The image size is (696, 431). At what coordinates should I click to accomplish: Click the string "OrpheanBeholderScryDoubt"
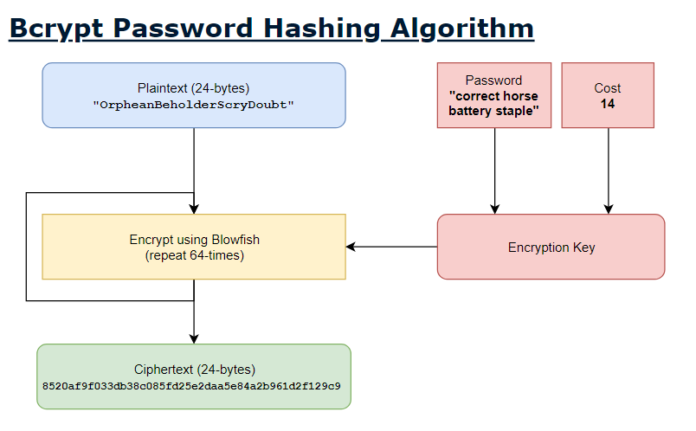click(x=194, y=104)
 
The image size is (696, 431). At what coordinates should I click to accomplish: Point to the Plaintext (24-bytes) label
click(x=194, y=87)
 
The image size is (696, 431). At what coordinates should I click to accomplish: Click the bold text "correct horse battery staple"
click(x=494, y=104)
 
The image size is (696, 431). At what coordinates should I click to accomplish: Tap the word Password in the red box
click(x=494, y=80)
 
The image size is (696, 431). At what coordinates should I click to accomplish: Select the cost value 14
click(x=608, y=104)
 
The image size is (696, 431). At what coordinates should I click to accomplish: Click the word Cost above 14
click(x=608, y=88)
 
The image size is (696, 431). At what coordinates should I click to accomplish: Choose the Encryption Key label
click(x=551, y=248)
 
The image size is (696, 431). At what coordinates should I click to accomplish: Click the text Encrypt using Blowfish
click(x=194, y=240)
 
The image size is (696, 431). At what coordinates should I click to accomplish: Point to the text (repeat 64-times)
click(x=194, y=255)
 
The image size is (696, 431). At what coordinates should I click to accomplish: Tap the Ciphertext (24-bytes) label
click(x=194, y=369)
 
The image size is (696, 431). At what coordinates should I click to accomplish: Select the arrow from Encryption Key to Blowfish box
click(x=391, y=247)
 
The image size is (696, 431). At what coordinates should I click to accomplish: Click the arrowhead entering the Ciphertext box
click(x=194, y=338)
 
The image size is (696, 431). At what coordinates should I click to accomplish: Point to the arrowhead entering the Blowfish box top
click(x=194, y=209)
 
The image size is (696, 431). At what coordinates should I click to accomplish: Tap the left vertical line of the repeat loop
click(x=27, y=247)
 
